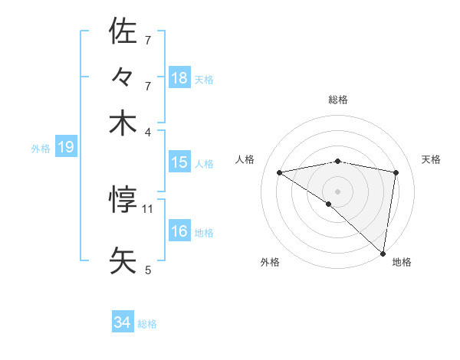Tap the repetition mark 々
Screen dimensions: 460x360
tap(123, 77)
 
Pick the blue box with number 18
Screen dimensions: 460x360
tap(179, 78)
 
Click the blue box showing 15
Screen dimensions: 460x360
tap(179, 162)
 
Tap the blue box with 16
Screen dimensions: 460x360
tap(179, 231)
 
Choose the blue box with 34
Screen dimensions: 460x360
tap(123, 322)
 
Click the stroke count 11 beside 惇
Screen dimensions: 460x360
tap(149, 208)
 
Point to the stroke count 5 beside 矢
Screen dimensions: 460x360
tap(148, 270)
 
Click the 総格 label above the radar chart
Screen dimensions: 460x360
tap(338, 100)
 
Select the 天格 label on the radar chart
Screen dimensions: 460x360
tap(431, 159)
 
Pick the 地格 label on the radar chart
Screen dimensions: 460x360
tap(402, 262)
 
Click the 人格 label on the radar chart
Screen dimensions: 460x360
tap(245, 159)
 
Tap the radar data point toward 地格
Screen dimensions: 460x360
tap(383, 253)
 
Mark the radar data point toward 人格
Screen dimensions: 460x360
tap(280, 172)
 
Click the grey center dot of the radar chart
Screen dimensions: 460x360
tap(338, 191)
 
